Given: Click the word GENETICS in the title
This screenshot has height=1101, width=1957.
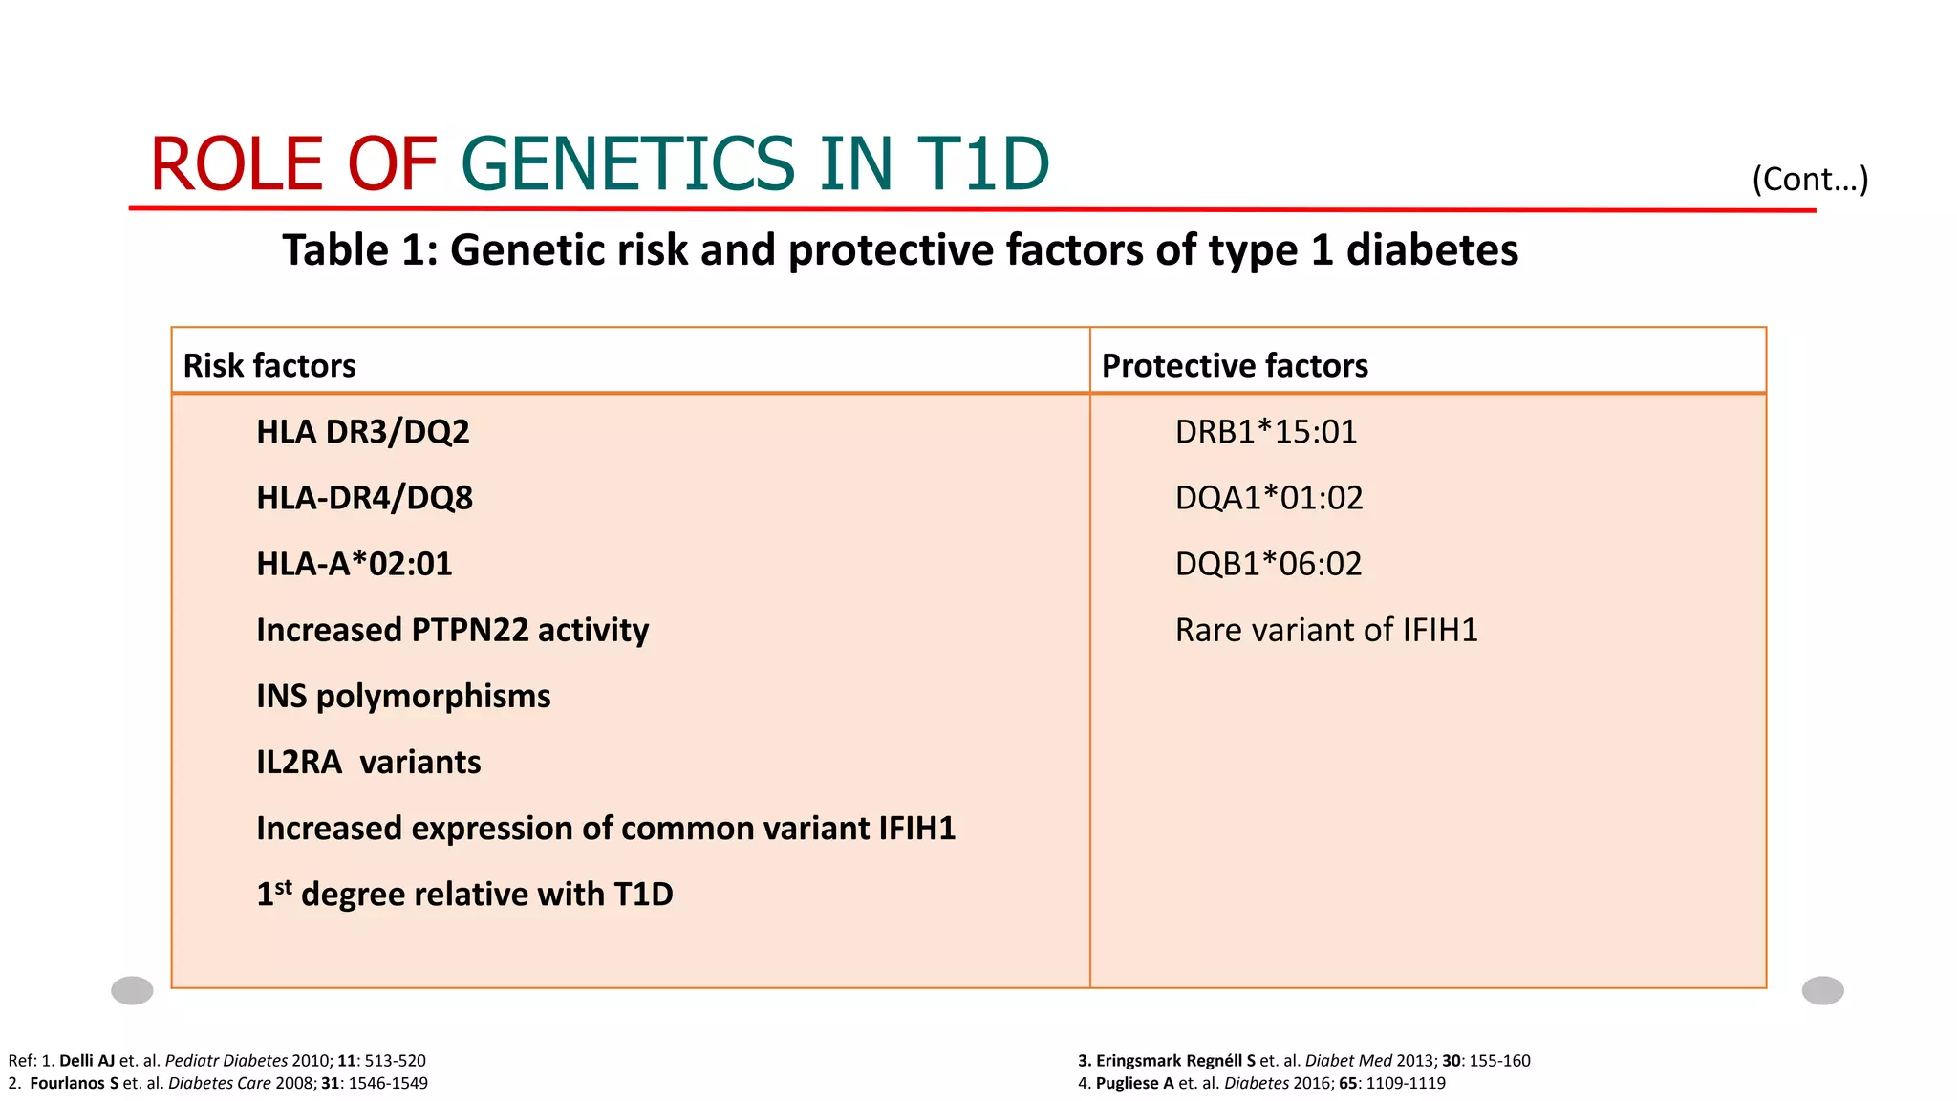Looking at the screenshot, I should (x=626, y=164).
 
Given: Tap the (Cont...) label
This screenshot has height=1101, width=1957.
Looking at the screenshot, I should (x=1809, y=179).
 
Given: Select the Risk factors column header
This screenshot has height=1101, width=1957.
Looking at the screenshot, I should (x=269, y=366).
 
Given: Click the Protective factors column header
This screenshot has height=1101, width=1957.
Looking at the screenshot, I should (x=1235, y=366).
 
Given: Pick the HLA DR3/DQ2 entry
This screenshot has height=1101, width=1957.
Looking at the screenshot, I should (x=363, y=432).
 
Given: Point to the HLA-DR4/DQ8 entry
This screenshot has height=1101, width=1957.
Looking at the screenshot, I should (x=364, y=498).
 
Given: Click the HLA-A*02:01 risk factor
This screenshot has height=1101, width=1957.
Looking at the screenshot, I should (x=354, y=564).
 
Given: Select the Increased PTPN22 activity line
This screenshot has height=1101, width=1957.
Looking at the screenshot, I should (x=452, y=631).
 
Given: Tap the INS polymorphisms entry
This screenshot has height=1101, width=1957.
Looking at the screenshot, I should (x=403, y=697).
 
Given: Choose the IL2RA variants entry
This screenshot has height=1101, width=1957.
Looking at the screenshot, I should (x=368, y=763).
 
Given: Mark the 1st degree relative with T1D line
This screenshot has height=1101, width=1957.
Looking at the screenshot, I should (x=464, y=895).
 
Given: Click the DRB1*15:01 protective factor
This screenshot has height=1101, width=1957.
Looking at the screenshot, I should (x=1266, y=432).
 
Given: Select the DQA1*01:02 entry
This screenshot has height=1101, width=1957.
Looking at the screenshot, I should (x=1269, y=498).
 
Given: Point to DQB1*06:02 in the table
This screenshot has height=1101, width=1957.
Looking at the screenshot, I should (x=1268, y=564).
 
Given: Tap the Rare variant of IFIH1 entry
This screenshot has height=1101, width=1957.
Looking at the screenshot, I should (x=1326, y=631).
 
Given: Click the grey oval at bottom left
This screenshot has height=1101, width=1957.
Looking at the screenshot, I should (x=132, y=990).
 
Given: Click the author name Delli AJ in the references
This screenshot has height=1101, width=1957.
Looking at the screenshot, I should (x=86, y=1061).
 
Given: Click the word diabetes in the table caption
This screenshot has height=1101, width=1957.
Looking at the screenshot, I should (x=1431, y=251).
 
